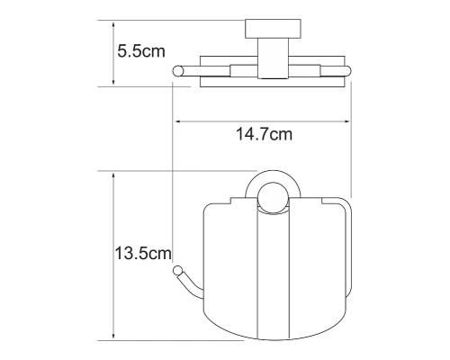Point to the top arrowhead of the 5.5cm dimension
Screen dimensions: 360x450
point(112,20)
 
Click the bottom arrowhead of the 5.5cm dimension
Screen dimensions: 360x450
point(112,83)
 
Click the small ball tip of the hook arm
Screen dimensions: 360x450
point(180,270)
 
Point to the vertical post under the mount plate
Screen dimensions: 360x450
point(267,54)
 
